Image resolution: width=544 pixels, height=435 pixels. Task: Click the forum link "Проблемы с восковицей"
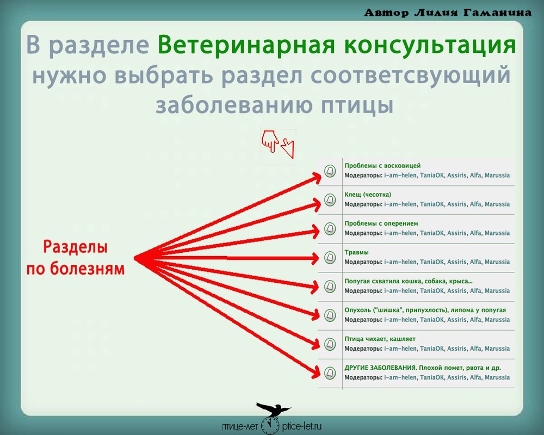pos(382,166)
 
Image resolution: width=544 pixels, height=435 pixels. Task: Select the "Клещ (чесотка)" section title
pos(368,195)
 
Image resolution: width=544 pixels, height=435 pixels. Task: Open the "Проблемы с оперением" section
pos(381,223)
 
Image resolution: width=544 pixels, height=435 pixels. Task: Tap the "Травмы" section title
pos(356,252)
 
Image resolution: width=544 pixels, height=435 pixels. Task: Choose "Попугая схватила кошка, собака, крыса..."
pos(409,281)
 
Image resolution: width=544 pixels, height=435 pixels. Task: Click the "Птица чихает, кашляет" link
pos(380,339)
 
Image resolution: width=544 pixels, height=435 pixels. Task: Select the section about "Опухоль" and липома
pos(425,310)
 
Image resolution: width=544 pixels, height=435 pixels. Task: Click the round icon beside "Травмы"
pos(330,257)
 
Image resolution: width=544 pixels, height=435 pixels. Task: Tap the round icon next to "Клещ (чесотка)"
pos(330,200)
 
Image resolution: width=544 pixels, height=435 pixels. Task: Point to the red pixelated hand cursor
pos(270,141)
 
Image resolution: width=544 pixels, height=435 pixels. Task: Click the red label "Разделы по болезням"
pos(76,258)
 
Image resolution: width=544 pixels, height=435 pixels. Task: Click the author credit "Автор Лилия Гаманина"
pos(448,13)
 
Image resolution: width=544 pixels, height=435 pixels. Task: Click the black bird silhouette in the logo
pos(273,409)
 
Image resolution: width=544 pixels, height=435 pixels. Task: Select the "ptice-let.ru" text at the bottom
pos(302,426)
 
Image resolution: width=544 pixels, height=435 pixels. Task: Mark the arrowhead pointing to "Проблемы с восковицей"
pos(316,178)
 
